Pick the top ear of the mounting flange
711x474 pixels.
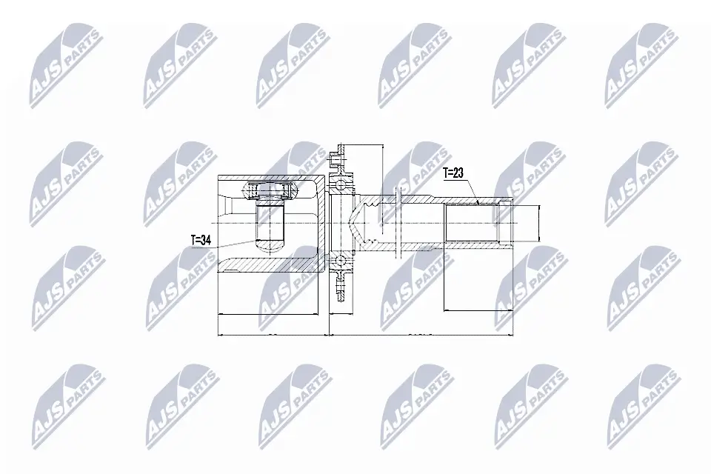point(339,156)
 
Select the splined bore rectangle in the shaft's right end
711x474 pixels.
point(470,222)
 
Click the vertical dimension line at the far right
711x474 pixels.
point(538,222)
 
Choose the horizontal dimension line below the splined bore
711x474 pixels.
point(478,310)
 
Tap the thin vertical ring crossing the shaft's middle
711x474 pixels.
point(398,222)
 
